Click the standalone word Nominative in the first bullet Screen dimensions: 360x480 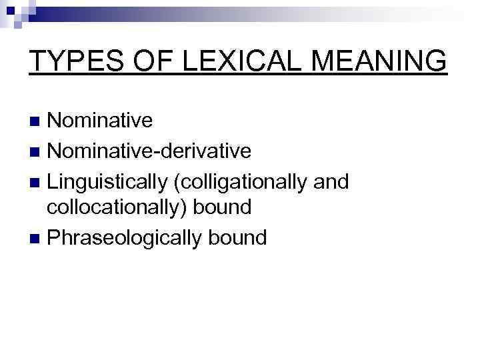click(101, 121)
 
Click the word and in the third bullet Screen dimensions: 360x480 click(331, 180)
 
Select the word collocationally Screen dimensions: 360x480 click(117, 209)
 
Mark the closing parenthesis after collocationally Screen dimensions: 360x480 click(188, 209)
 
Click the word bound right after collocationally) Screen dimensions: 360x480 click(223, 209)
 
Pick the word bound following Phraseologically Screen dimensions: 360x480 click(237, 237)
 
